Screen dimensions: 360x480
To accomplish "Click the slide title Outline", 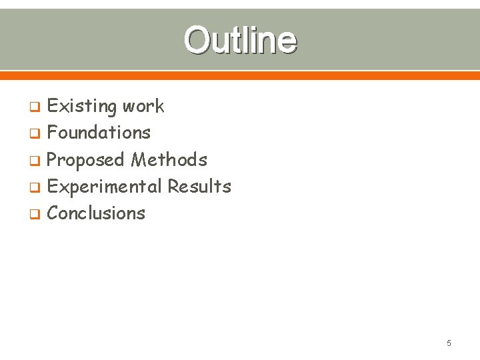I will pyautogui.click(x=240, y=40).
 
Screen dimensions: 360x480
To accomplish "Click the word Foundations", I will pyautogui.click(x=99, y=133).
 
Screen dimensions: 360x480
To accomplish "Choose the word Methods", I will pyautogui.click(x=169, y=160).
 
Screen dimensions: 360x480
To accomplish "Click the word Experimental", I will pyautogui.click(x=105, y=187).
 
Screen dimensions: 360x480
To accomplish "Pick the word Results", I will pyautogui.click(x=199, y=187).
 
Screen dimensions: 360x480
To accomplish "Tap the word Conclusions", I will pyautogui.click(x=96, y=213).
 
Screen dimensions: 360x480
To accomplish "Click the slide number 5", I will pyautogui.click(x=449, y=343).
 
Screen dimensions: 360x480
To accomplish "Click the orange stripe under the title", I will pyautogui.click(x=240, y=75).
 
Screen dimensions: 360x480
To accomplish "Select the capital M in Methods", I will pyautogui.click(x=139, y=160).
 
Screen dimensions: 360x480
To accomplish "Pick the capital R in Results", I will pyautogui.click(x=173, y=187).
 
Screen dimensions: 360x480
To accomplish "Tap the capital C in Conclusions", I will pyautogui.click(x=53, y=213).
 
